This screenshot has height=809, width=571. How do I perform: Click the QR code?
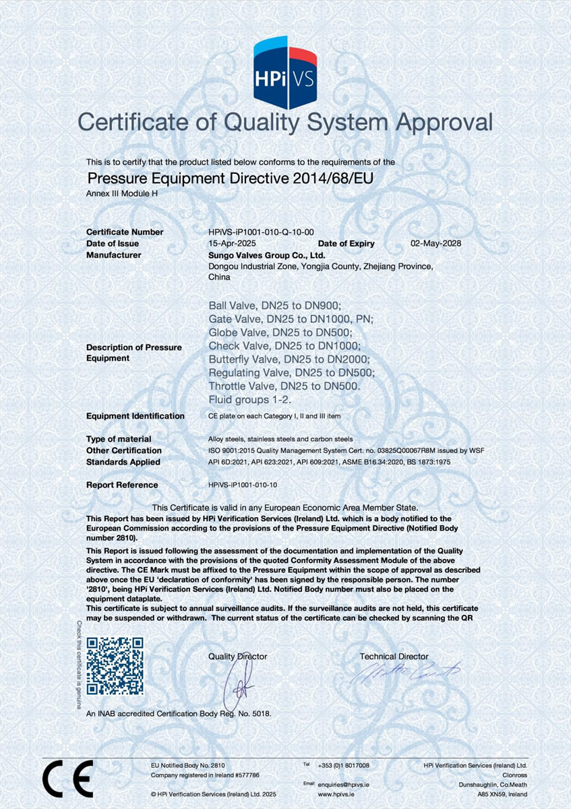115,666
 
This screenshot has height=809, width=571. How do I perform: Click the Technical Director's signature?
404,671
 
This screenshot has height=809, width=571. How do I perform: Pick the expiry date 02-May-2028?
435,243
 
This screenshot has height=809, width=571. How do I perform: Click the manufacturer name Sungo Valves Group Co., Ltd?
267,255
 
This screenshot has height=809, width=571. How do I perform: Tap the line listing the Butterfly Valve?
289,359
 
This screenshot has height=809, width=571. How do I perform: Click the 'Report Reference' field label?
122,485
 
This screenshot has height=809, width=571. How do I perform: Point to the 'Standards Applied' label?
123,462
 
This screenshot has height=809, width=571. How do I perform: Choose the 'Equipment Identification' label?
136,416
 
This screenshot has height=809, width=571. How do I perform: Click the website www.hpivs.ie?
335,794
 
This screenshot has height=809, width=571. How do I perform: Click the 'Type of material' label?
119,439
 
